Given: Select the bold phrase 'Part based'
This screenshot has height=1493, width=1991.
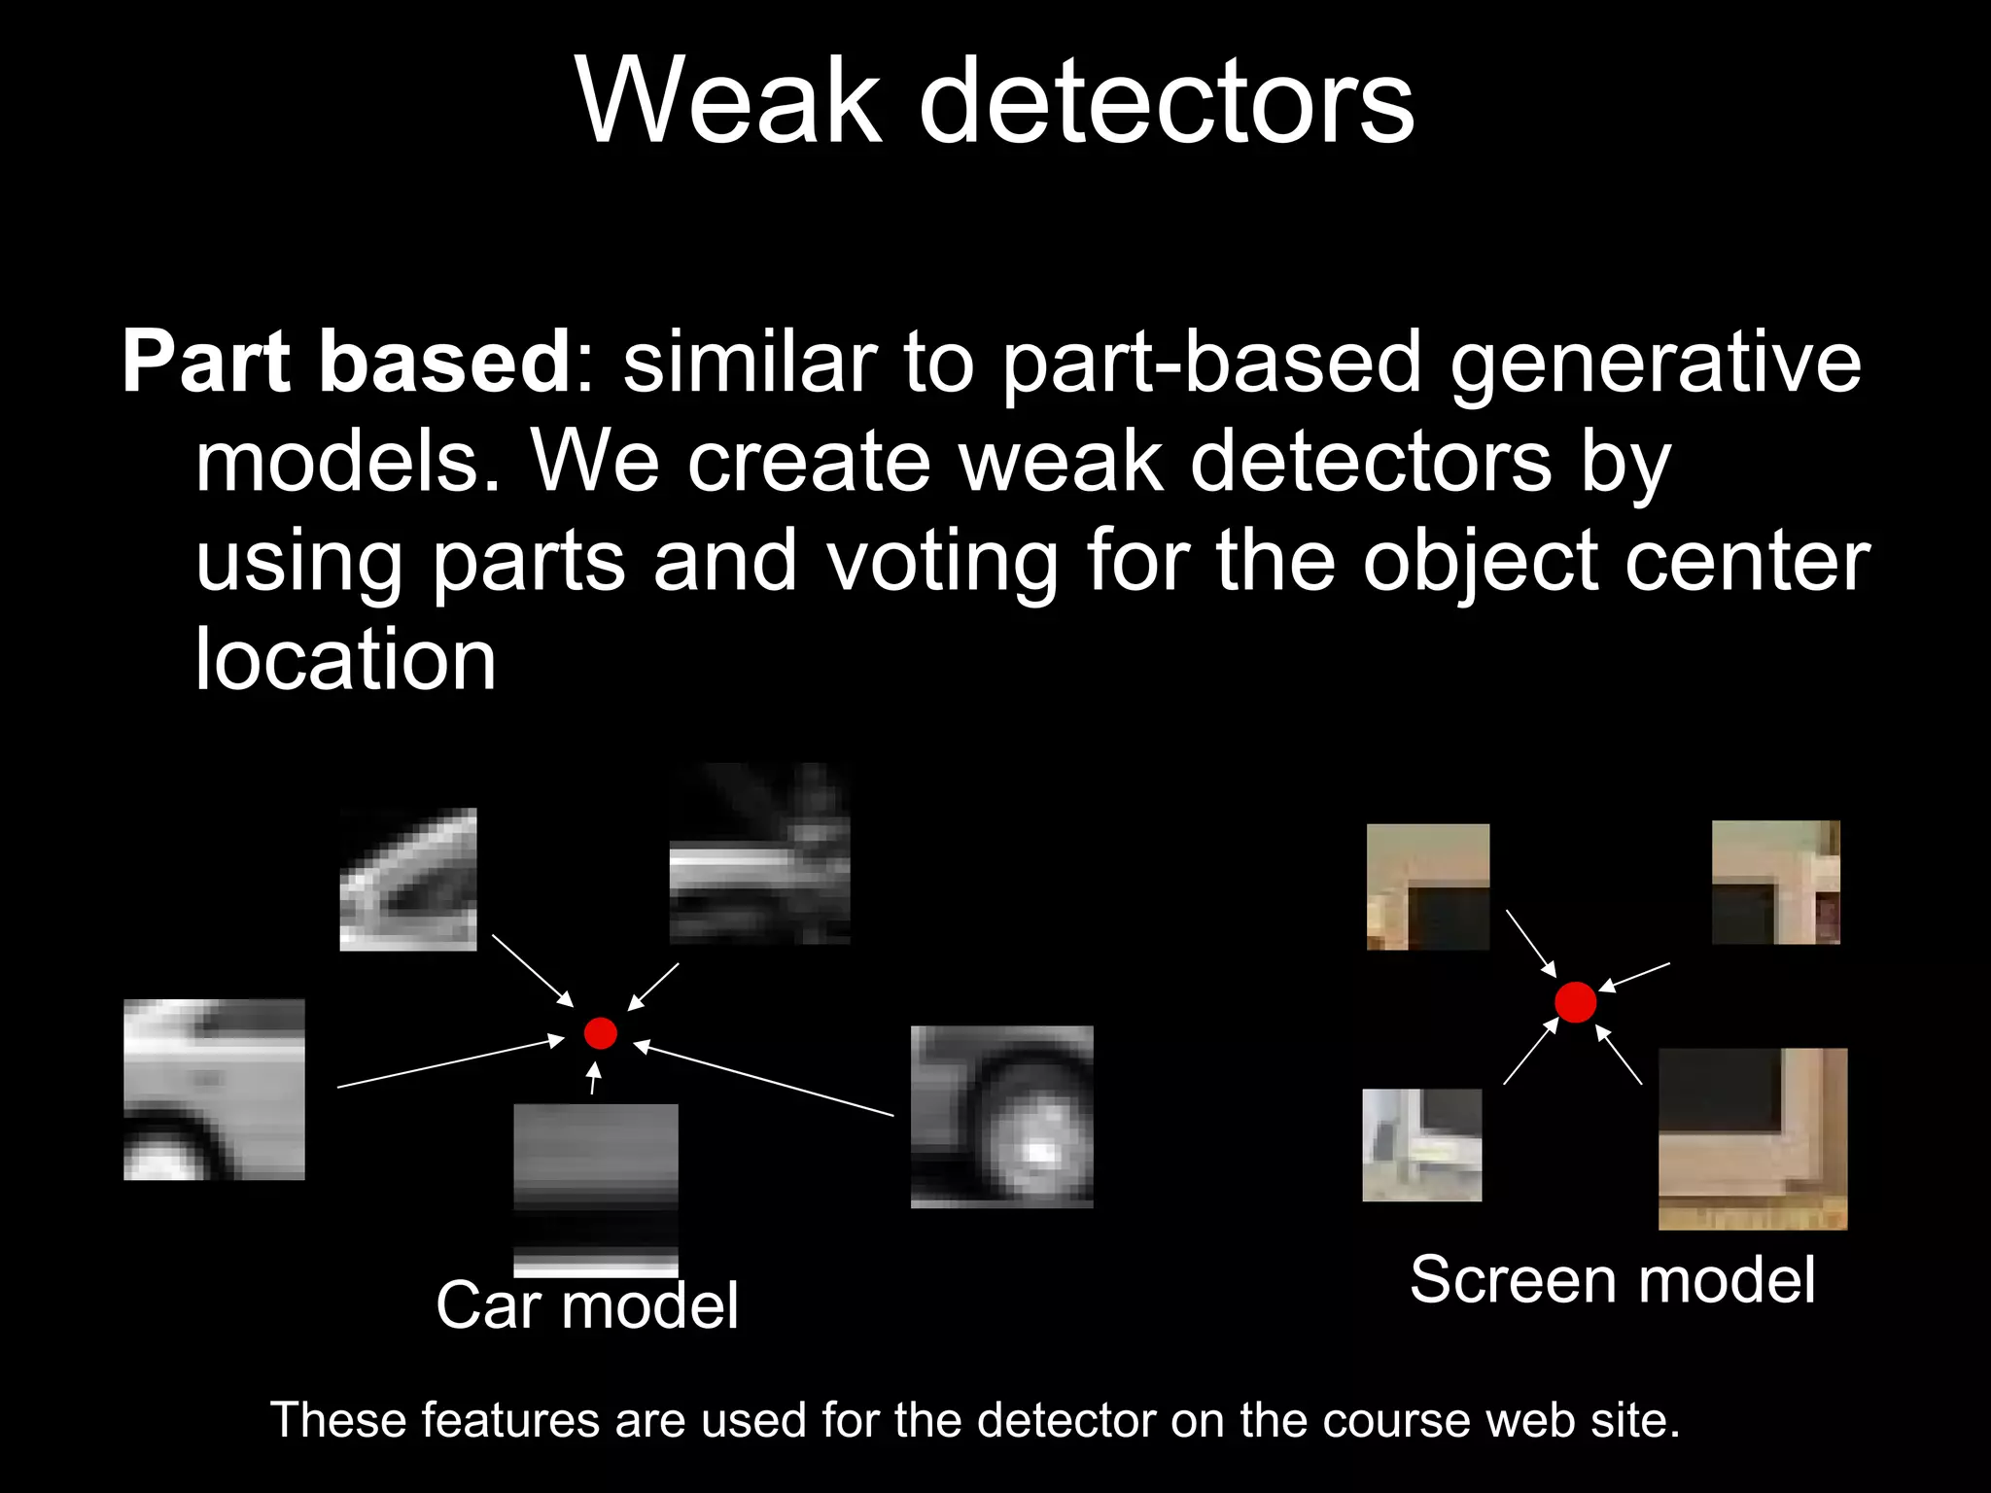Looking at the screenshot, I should tap(346, 362).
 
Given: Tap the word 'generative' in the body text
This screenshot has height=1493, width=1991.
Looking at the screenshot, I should tap(1655, 364).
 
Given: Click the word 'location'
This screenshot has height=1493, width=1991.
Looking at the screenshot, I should tap(345, 661).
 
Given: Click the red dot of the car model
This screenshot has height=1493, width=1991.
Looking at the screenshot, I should tap(601, 1033).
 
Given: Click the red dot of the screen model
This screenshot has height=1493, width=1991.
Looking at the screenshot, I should tap(1575, 1002).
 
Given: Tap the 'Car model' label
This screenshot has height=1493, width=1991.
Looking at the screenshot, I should tap(587, 1305).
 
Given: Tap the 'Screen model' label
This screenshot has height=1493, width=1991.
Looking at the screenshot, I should tap(1612, 1280).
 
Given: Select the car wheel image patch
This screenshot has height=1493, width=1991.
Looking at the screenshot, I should tap(1001, 1117).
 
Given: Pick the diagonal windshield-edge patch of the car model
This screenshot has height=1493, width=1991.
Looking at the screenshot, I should tap(408, 880).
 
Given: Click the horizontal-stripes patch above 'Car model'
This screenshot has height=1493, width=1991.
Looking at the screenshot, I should tap(595, 1190).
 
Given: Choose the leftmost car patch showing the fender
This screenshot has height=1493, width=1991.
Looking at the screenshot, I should tap(214, 1090).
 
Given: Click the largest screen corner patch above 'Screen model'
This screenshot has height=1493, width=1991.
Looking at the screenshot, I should tap(1752, 1138).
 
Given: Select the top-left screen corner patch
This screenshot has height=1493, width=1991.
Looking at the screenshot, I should tap(1427, 886).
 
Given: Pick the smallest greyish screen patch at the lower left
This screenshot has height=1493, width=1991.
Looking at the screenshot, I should tap(1421, 1145).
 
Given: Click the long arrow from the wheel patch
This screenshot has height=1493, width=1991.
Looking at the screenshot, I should tap(763, 1079).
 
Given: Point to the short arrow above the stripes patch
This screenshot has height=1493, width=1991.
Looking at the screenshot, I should tap(594, 1079).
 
